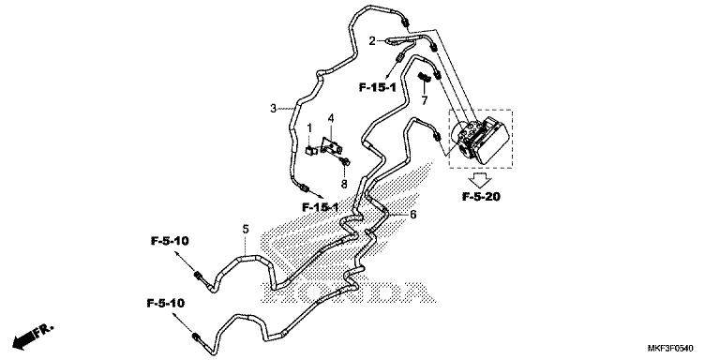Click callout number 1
coord(309,127)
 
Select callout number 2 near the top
coord(371,40)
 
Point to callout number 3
coord(273,109)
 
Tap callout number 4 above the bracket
coord(331,118)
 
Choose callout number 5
coord(246,229)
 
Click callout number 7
coord(424,99)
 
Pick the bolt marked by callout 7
coord(424,76)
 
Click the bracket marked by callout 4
coord(331,145)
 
